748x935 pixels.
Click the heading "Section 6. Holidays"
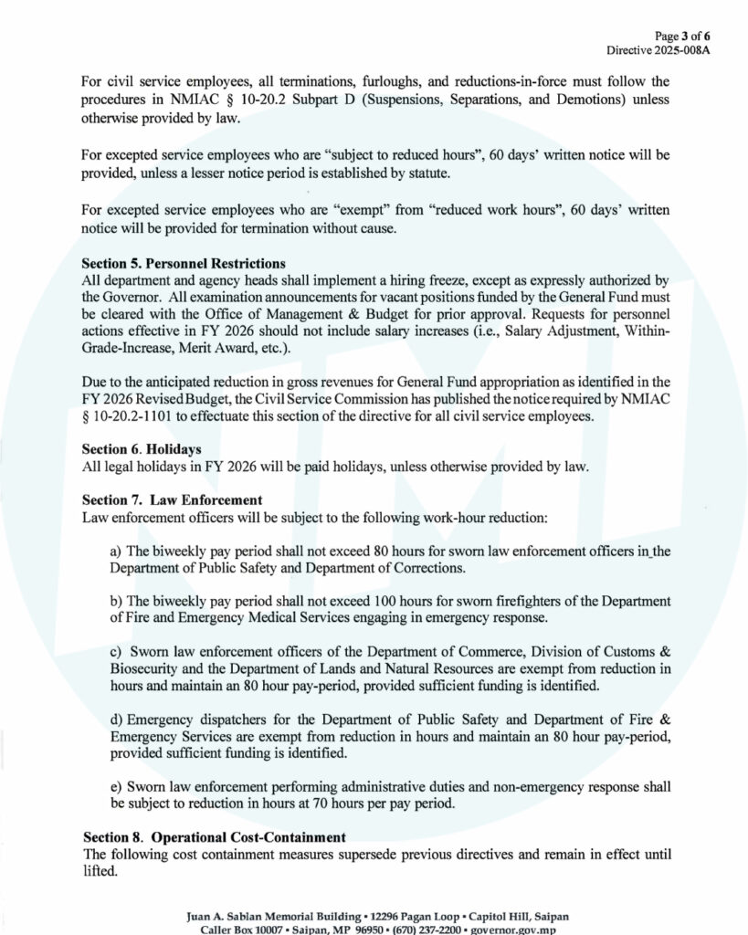click(142, 449)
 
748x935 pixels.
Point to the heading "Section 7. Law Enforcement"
click(173, 500)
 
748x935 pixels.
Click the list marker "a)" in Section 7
click(115, 552)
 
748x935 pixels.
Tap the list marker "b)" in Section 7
click(115, 603)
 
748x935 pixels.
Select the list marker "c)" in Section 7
click(115, 653)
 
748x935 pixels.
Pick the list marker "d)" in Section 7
click(115, 720)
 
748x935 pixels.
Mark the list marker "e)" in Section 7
click(115, 787)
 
